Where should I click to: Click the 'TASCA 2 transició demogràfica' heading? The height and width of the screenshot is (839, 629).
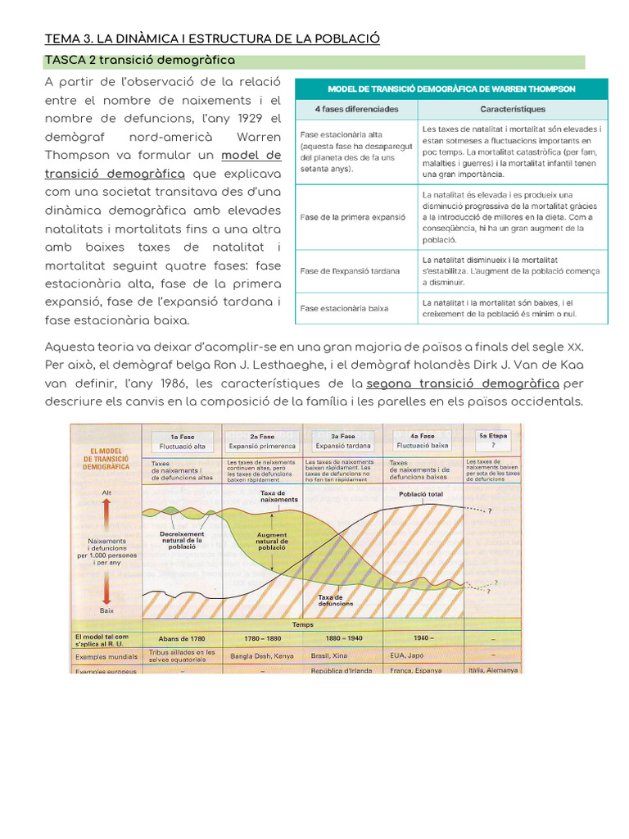[139, 61]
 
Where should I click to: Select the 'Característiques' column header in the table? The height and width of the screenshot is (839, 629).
[513, 108]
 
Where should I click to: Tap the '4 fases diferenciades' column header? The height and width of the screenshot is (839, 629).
[356, 108]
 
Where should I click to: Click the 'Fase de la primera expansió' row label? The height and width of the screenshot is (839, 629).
[354, 217]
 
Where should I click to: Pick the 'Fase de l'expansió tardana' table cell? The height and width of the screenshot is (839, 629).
[350, 270]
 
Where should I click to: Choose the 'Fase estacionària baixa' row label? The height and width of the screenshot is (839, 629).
[344, 308]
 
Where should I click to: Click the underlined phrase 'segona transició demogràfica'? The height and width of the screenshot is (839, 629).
[463, 383]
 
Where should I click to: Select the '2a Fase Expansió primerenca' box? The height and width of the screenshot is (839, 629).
[263, 441]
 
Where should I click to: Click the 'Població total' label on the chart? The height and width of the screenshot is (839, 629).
[422, 495]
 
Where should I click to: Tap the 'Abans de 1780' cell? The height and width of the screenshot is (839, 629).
[181, 637]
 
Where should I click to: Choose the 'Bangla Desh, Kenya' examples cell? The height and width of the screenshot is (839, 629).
[262, 655]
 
